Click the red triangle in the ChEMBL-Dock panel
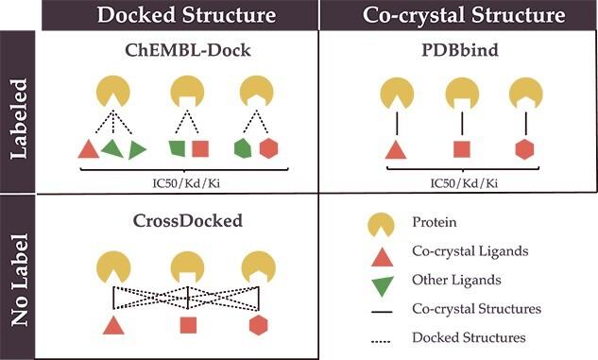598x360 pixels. click(x=88, y=148)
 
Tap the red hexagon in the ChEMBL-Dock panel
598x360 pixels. click(x=268, y=148)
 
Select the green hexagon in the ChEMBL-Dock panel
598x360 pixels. click(x=243, y=148)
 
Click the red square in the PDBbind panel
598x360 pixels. click(x=462, y=148)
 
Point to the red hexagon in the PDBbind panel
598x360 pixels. click(x=525, y=148)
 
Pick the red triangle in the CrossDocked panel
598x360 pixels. click(x=113, y=326)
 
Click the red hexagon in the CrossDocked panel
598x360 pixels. click(x=257, y=326)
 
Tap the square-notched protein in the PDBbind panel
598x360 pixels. click(x=462, y=95)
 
